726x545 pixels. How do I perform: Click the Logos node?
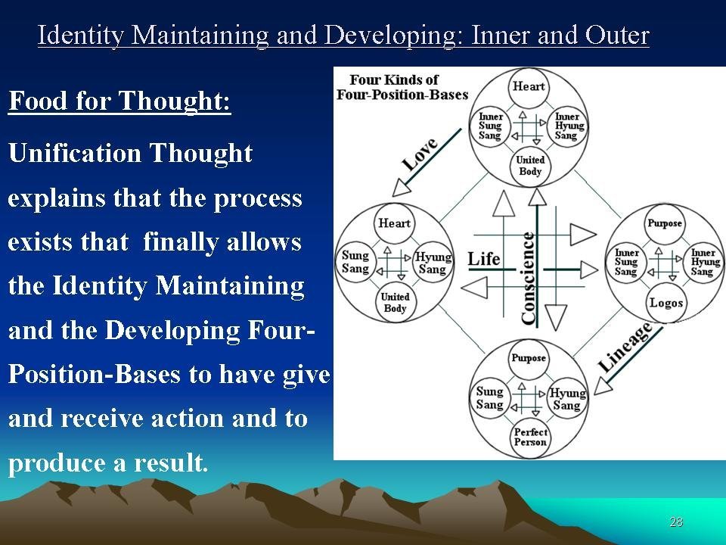[x=665, y=303]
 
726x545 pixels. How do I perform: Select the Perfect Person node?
[x=529, y=437]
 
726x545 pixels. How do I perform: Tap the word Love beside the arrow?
[x=420, y=154]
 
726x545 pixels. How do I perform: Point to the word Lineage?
[x=625, y=347]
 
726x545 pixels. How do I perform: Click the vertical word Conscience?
[x=529, y=278]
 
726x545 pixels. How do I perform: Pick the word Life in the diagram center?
[x=484, y=259]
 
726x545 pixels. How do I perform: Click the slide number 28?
[x=676, y=522]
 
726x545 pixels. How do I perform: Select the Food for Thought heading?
[x=119, y=101]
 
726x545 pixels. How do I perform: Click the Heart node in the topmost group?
[x=529, y=86]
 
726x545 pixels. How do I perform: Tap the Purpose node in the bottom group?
[x=529, y=358]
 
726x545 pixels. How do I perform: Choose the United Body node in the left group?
[x=395, y=302]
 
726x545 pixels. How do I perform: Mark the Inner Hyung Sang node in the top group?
[x=566, y=126]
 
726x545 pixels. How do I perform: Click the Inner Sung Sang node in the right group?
[x=626, y=263]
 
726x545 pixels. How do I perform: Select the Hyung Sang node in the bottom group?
[x=567, y=399]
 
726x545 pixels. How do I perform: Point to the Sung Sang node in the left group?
[x=355, y=262]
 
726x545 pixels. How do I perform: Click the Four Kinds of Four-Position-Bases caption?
[x=402, y=87]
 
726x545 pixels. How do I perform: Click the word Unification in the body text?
[x=74, y=152]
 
